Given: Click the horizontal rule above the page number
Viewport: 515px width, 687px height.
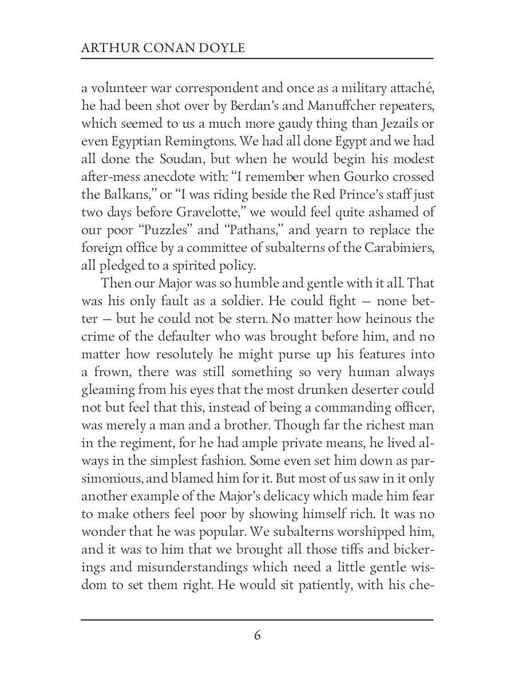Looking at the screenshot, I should point(257,619).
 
